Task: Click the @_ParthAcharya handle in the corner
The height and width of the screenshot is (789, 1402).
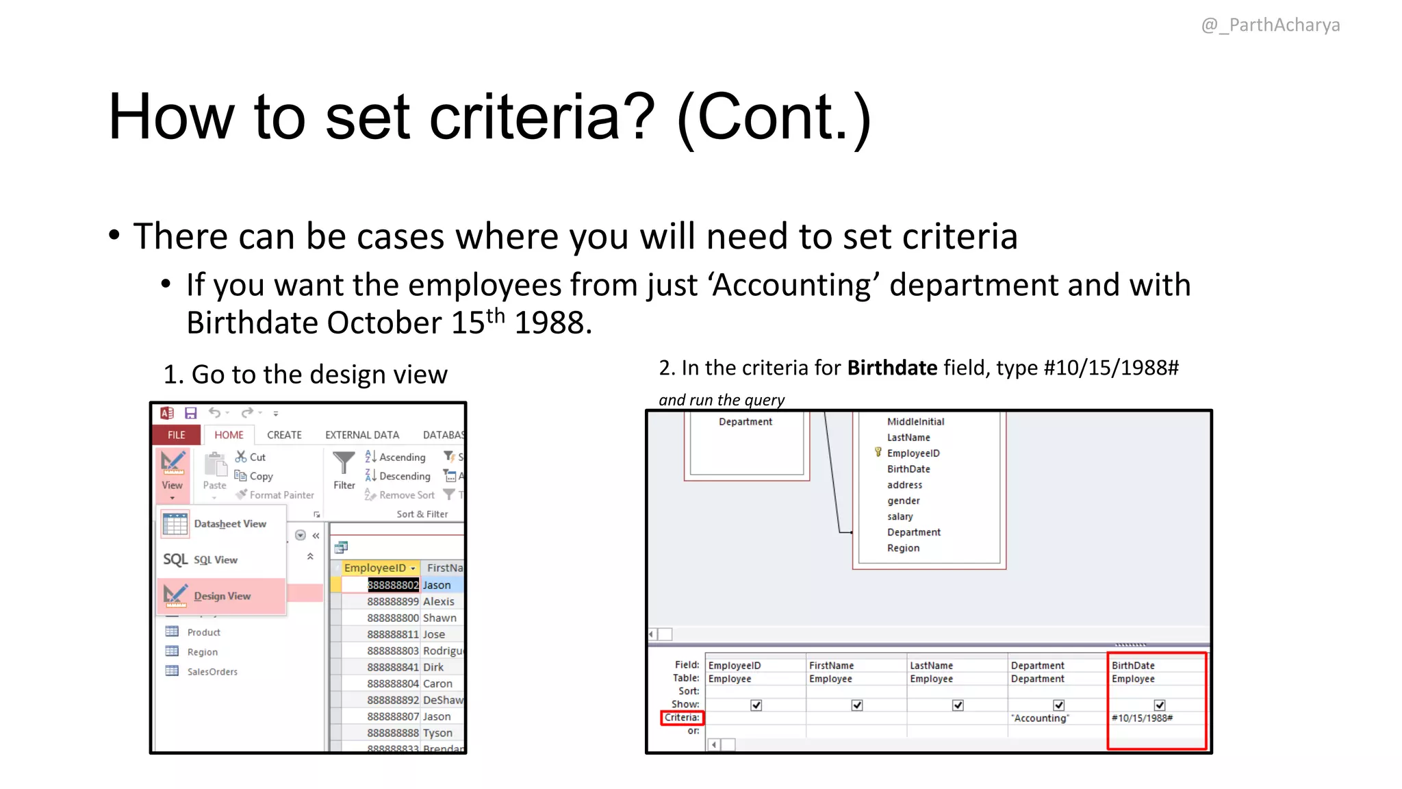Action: tap(1271, 25)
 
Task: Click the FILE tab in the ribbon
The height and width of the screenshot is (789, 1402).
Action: tap(176, 435)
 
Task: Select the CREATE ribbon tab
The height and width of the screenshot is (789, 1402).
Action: tap(284, 435)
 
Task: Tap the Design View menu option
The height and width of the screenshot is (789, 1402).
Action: tap(222, 596)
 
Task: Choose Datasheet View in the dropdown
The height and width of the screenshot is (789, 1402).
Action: tap(229, 524)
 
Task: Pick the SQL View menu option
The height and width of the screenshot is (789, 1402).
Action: tap(215, 560)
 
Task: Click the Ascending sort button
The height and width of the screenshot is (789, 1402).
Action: tap(401, 458)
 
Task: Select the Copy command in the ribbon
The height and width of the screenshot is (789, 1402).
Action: tap(260, 476)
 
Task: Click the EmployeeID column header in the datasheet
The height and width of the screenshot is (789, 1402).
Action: tap(375, 568)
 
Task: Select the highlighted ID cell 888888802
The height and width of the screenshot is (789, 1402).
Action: tap(392, 585)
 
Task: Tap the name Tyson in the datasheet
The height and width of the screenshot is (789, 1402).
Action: tap(437, 733)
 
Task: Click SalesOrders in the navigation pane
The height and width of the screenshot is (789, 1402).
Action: tap(212, 672)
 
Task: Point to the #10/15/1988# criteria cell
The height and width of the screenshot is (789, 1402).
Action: tap(1142, 718)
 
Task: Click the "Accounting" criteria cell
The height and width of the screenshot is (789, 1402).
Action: tap(1040, 718)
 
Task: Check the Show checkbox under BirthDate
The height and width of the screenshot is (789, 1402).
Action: tap(1160, 705)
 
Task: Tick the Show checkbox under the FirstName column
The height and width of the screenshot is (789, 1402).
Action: tap(857, 705)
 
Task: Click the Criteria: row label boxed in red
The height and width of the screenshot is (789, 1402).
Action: tap(682, 718)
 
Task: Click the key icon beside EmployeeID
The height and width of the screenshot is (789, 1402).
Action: tap(878, 453)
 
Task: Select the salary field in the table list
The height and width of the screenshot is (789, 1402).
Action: tap(900, 516)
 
